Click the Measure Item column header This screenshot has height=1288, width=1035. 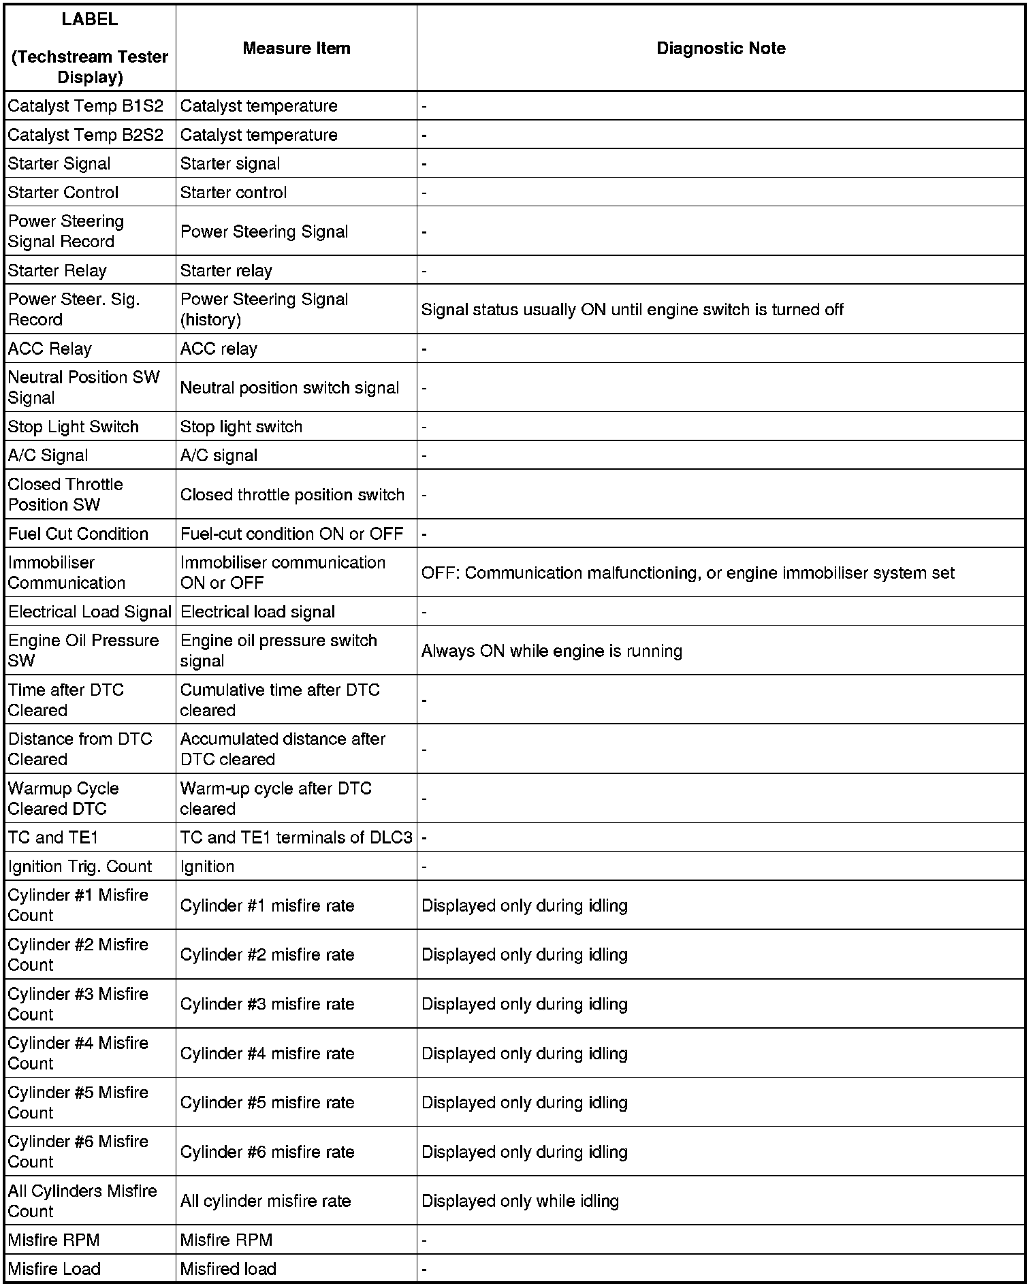pos(296,48)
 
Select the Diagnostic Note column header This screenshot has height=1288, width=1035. pos(720,48)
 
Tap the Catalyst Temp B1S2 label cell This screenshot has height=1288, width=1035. pos(86,106)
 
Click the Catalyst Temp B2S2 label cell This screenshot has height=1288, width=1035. pos(86,135)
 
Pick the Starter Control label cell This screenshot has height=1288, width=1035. pos(63,193)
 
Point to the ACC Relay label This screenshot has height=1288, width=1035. pos(50,349)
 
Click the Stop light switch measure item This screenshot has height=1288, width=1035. pos(241,427)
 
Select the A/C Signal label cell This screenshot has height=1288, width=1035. pos(48,455)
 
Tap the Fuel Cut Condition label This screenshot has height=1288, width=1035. pos(78,534)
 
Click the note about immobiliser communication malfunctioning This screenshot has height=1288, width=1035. pos(688,573)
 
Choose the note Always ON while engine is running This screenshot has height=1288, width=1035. pos(552,651)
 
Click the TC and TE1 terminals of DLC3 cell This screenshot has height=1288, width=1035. pos(296,837)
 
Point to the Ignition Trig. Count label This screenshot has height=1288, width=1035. pos(80,867)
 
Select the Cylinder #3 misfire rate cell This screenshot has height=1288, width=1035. pos(267,1004)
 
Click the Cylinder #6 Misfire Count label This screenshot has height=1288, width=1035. pos(78,1152)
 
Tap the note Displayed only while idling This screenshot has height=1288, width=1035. pos(520,1202)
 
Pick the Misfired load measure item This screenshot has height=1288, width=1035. pos(228,1269)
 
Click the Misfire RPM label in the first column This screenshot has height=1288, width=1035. pos(54,1240)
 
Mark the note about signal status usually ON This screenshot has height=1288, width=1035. pos(632,310)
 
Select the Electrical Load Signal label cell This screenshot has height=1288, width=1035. pos(90,612)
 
